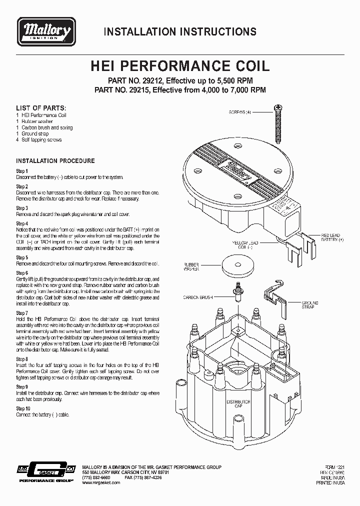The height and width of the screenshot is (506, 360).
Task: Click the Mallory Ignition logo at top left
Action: coord(46,31)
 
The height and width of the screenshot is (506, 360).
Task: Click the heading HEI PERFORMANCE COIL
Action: coord(179,66)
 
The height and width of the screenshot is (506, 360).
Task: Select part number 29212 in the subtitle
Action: coord(152,80)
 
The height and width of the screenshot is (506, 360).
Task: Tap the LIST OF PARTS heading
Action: coord(40,108)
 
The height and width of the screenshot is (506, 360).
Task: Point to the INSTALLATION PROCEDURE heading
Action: coord(55,161)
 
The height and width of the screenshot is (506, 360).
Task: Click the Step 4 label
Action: coord(22,223)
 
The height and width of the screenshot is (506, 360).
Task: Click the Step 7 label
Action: coord(22,313)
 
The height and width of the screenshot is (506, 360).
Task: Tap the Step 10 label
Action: coord(23,408)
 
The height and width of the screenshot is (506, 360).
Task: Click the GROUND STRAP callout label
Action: coord(307,305)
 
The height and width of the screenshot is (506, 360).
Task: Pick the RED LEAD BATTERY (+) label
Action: coord(331,237)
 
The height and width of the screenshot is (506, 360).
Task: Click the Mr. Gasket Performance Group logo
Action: coord(45,473)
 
